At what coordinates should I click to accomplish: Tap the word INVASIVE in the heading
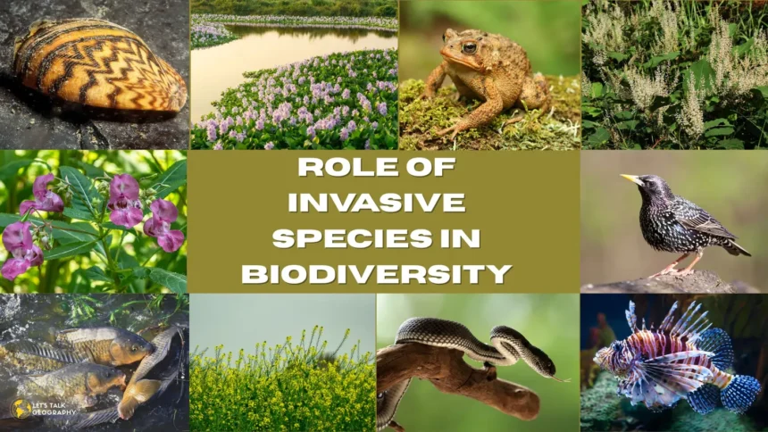coord(377,203)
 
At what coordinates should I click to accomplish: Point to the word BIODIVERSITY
coord(377,274)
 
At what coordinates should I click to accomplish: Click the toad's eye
coord(469,48)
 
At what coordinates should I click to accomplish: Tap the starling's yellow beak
coord(631,179)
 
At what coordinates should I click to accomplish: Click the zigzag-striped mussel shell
coord(99,64)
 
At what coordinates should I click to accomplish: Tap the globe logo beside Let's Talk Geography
coord(21,409)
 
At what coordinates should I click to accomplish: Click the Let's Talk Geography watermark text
coord(53,409)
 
